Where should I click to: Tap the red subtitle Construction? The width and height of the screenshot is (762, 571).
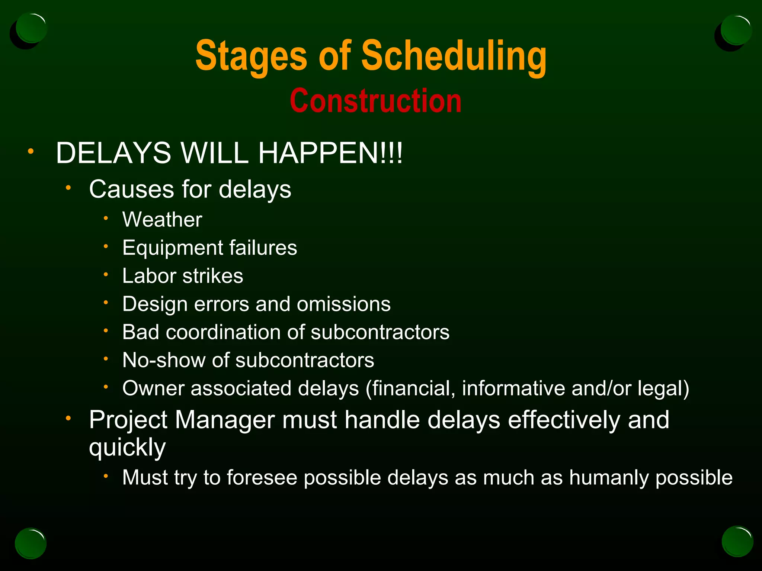coord(375,101)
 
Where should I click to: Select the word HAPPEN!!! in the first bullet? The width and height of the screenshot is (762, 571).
coord(330,153)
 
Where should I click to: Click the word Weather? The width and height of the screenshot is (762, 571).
coord(162,219)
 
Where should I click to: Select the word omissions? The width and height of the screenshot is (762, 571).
coord(343,304)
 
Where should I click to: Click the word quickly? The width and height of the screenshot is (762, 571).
coord(127,448)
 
